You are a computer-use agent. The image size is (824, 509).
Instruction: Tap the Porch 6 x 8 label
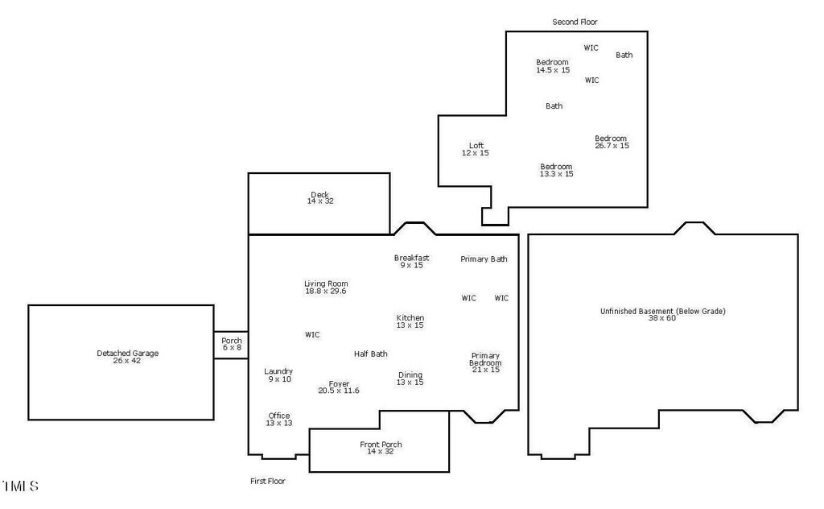(232, 344)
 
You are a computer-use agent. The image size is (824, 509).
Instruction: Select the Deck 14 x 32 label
(320, 197)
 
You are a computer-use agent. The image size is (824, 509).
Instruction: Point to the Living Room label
(326, 288)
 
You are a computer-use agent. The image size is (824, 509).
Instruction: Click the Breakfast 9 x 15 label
(411, 261)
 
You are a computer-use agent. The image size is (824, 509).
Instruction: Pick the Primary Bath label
(484, 259)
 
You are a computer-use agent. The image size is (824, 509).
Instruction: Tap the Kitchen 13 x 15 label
(410, 321)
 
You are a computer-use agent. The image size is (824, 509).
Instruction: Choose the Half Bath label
(371, 354)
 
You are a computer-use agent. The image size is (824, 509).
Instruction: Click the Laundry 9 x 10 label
(278, 375)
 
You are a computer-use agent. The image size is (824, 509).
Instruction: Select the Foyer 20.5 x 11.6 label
(339, 387)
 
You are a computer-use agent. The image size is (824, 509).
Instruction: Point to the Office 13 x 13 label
(279, 419)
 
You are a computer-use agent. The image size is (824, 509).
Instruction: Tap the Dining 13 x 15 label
(410, 379)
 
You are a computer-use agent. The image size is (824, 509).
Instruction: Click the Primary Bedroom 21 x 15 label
(485, 362)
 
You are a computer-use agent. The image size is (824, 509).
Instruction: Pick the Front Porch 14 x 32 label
(381, 448)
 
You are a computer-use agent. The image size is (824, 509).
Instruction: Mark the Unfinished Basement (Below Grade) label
(663, 314)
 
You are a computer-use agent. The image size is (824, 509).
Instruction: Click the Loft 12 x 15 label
(475, 149)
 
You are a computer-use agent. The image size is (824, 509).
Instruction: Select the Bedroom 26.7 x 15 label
(612, 142)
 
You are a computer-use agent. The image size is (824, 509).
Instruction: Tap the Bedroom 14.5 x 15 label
(553, 66)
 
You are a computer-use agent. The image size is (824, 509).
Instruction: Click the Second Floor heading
(575, 22)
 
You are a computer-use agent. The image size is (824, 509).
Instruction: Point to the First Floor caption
(267, 481)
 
